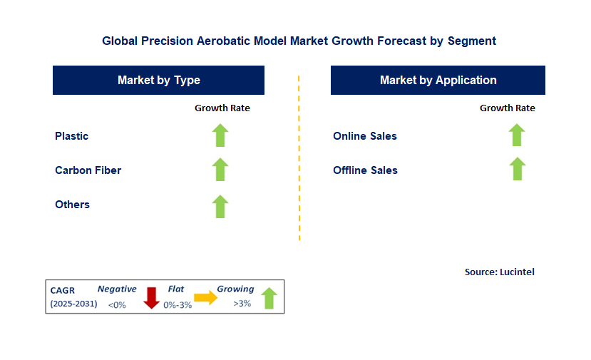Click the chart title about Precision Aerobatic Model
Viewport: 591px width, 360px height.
point(299,41)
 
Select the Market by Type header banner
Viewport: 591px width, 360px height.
point(158,81)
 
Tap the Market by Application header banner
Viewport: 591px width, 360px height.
point(438,81)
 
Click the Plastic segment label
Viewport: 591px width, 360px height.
point(72,136)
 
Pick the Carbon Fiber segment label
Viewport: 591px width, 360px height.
point(88,170)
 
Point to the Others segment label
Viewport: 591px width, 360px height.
point(72,205)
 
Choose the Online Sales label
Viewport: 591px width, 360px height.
point(364,136)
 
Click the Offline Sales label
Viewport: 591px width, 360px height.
point(365,170)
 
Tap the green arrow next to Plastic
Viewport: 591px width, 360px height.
point(220,135)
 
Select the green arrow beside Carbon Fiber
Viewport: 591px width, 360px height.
point(220,170)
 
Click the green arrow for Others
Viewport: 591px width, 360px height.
point(220,206)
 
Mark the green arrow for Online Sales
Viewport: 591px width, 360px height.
point(517,135)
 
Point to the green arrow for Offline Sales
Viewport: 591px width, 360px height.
point(517,169)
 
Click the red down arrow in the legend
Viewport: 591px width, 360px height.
point(151,297)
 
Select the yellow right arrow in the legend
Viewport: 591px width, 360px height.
point(206,298)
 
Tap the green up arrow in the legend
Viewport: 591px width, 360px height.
point(269,297)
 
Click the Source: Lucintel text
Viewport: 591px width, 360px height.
point(499,272)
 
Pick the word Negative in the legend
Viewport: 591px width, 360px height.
point(117,289)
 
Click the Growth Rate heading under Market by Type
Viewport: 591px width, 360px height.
point(222,108)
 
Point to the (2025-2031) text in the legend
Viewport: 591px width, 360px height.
point(73,304)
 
